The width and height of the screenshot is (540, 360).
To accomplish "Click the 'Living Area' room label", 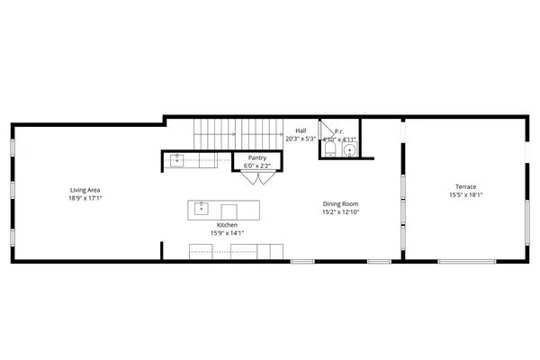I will (85, 190).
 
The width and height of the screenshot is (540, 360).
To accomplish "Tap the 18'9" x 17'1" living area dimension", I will (85, 198).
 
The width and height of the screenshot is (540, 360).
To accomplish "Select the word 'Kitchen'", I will (228, 225).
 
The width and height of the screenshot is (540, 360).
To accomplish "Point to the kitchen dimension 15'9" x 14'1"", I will (228, 233).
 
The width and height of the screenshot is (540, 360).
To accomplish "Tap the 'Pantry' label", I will (256, 157).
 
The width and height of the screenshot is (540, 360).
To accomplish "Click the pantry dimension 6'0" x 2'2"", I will (256, 166).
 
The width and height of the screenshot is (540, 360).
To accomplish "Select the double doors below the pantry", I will (256, 178).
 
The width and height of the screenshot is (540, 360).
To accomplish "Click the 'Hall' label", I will (301, 130).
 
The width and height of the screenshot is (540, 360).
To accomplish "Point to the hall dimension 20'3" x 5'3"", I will (301, 139).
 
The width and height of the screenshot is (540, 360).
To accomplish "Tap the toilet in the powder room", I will (329, 151).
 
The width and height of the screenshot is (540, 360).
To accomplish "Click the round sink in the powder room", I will (348, 151).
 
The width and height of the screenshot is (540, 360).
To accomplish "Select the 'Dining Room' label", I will (346, 204).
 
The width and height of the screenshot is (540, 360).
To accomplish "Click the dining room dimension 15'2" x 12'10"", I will (346, 212).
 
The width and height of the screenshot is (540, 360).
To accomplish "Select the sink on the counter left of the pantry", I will (178, 160).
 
